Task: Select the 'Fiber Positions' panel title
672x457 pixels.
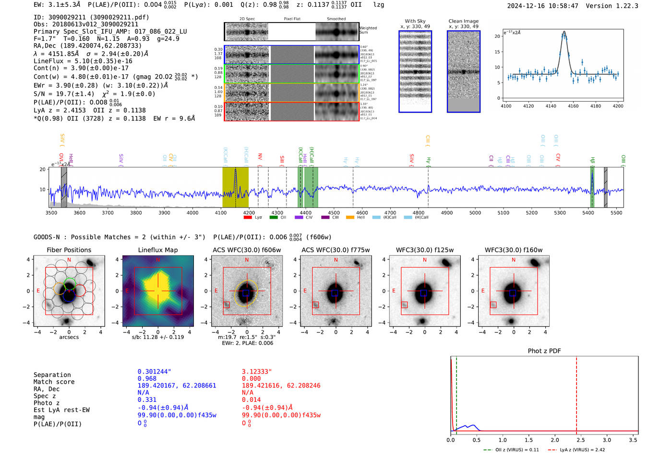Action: pos(69,250)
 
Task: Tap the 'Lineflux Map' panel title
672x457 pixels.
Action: pos(157,250)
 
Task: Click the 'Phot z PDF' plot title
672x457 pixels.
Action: pos(544,351)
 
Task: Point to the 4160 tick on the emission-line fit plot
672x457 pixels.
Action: pos(573,106)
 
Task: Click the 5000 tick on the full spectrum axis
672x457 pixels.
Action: pos(475,212)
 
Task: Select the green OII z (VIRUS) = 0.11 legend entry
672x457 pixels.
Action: pos(511,450)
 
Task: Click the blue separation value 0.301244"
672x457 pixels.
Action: pos(154,372)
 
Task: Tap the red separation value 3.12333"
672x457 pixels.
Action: pos(257,372)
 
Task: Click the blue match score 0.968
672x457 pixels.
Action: pos(147,379)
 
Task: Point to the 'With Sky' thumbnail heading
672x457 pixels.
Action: pos(415,21)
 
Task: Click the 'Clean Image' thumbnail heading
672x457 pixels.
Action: pos(463,21)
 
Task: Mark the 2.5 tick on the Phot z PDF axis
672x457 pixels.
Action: pos(581,440)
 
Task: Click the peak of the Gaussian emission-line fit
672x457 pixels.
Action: pos(564,32)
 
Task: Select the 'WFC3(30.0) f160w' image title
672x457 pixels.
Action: pos(513,250)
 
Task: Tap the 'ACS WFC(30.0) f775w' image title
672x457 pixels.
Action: pos(336,250)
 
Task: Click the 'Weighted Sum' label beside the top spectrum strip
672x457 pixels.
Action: pos(368,30)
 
